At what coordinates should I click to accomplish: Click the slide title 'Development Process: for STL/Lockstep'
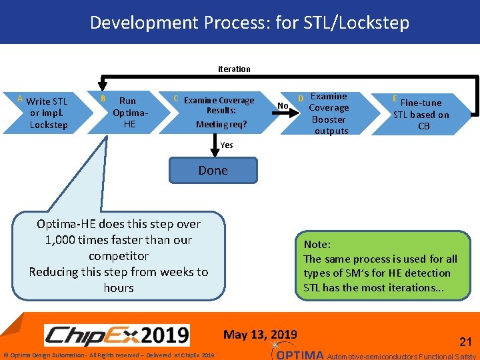(x=249, y=23)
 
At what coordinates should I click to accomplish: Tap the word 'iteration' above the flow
(x=234, y=69)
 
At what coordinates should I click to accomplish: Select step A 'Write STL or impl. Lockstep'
(x=47, y=113)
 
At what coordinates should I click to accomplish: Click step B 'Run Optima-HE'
(x=127, y=113)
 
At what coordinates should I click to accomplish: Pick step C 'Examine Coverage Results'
(x=219, y=112)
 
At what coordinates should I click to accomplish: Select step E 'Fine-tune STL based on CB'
(x=421, y=114)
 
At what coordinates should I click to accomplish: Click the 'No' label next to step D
(x=283, y=106)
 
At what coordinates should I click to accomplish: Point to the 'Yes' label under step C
(x=227, y=145)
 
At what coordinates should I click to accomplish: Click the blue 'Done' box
(x=213, y=171)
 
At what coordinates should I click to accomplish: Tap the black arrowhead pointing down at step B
(x=102, y=85)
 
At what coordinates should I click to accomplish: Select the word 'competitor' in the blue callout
(x=119, y=256)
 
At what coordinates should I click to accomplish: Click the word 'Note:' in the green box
(x=317, y=245)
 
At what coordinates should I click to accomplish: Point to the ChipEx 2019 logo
(x=117, y=335)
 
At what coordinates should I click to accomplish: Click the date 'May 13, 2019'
(x=261, y=334)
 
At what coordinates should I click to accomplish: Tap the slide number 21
(x=465, y=341)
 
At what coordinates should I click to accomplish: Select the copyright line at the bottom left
(x=109, y=355)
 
